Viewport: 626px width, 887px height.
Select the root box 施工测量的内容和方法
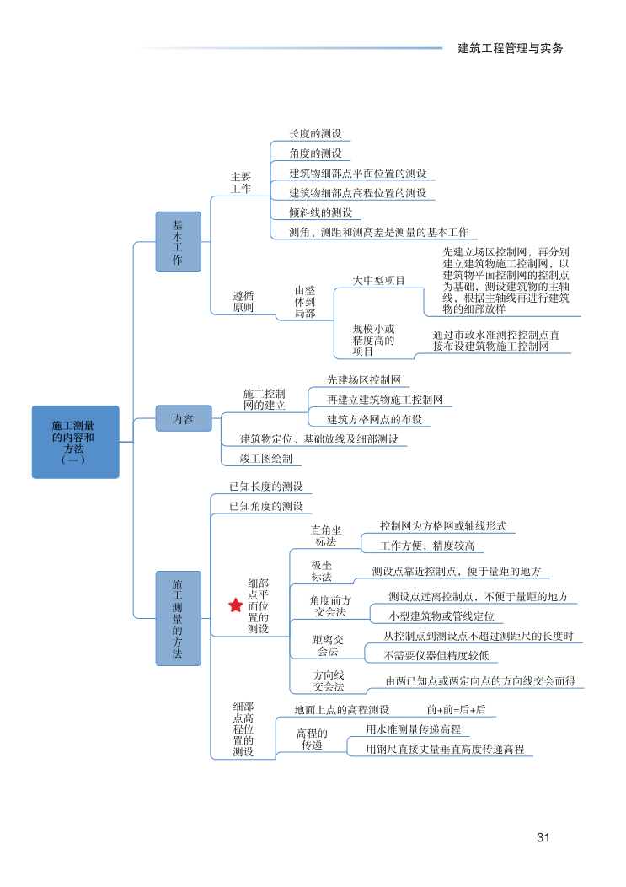click(76, 442)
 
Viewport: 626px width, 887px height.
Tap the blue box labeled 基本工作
click(178, 241)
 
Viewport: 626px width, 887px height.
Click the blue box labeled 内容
click(183, 418)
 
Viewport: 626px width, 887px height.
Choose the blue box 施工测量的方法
click(178, 618)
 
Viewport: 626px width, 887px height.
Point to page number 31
click(543, 837)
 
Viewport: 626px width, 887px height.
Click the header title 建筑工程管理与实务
click(510, 48)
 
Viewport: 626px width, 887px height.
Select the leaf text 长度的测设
click(315, 133)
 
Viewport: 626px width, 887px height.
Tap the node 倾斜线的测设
click(320, 212)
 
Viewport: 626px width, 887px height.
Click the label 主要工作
click(241, 183)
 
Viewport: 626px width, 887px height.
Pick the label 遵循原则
click(243, 302)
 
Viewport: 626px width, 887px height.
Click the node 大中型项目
click(378, 280)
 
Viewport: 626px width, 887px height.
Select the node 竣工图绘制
click(266, 459)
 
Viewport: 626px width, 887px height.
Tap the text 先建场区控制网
click(363, 379)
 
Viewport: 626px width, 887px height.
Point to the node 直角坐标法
click(325, 535)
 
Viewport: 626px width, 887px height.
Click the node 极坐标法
click(321, 571)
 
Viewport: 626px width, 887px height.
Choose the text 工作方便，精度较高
click(426, 546)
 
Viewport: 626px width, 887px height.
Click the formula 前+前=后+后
click(456, 709)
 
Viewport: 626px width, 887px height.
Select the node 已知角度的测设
click(265, 506)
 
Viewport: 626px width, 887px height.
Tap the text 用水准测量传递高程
click(413, 728)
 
